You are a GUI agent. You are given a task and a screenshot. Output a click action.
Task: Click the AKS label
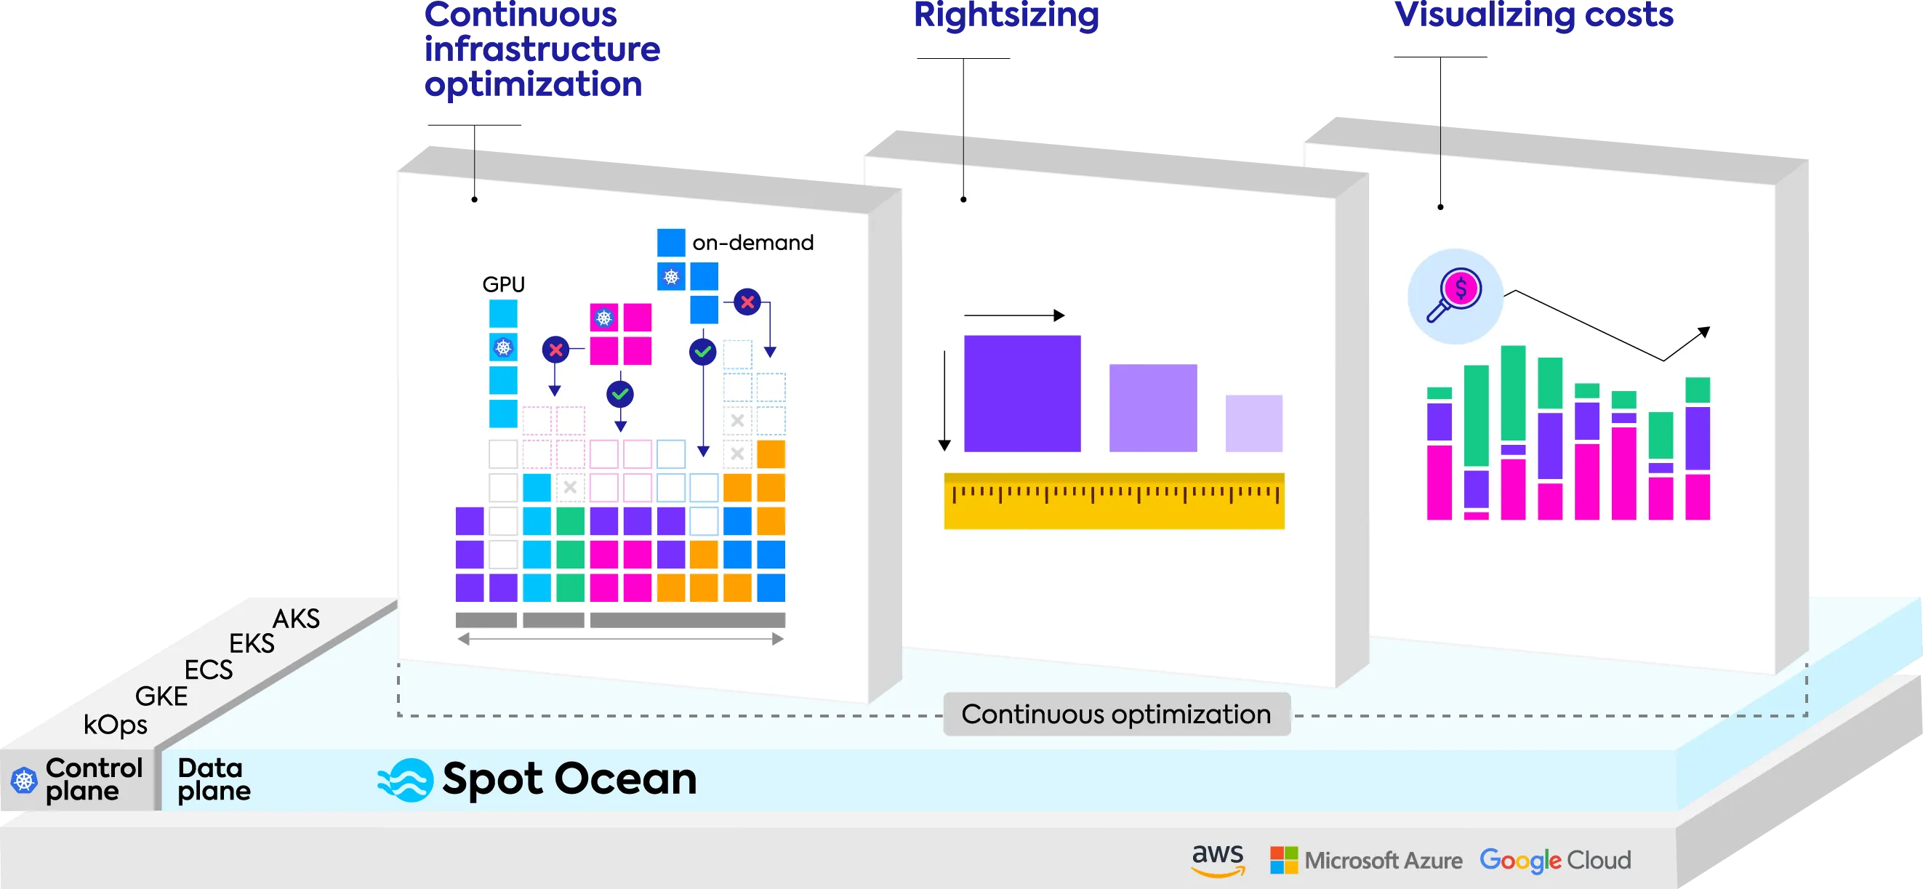point(297,619)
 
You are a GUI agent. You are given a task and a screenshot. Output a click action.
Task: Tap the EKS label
point(252,643)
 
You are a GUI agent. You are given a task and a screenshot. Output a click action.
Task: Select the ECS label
point(208,669)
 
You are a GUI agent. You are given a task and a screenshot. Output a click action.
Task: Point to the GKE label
point(161,696)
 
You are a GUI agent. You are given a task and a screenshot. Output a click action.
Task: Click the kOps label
point(115,725)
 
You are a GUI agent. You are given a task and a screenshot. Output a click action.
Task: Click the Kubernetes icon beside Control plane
point(24,781)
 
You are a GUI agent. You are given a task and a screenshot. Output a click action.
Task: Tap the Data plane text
point(214,779)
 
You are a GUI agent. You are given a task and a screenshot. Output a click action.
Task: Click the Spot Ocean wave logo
point(406,780)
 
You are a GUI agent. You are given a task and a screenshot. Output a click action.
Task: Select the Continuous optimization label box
point(1116,715)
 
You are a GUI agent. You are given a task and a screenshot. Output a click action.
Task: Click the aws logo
point(1218,859)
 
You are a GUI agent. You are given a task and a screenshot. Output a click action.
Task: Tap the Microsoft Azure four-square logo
point(1284,860)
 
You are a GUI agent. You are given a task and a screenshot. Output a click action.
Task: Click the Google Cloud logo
point(1555,860)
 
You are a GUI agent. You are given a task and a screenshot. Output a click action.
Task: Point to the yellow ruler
point(1114,501)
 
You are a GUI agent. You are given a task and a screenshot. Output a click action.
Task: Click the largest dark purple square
point(1022,393)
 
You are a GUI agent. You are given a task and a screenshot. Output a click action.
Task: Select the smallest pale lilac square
point(1253,423)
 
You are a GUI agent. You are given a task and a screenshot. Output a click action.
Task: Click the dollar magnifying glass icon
point(1455,296)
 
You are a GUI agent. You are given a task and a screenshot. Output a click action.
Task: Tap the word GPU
point(503,284)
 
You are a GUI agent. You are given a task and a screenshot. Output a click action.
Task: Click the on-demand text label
point(752,243)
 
